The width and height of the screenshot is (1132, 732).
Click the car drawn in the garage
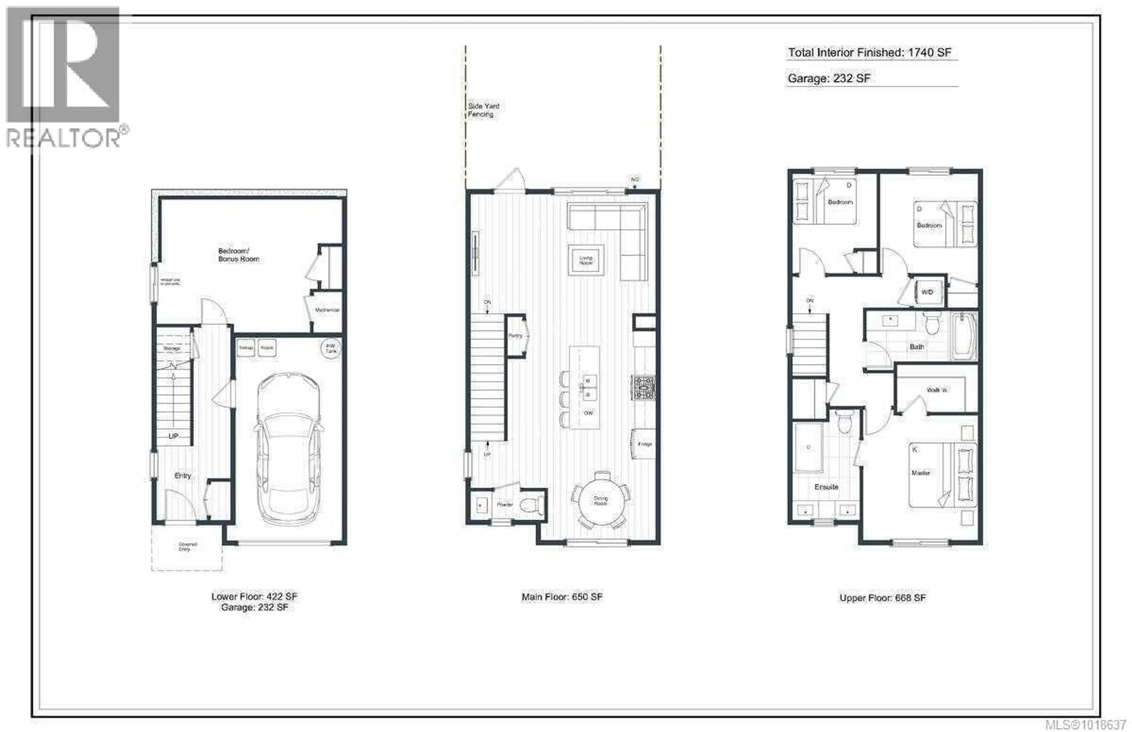tap(288, 449)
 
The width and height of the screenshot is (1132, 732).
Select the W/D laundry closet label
tap(927, 292)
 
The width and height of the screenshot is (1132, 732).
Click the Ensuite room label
tap(826, 487)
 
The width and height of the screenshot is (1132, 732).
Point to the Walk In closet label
tap(936, 390)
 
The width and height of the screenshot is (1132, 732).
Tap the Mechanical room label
tap(327, 310)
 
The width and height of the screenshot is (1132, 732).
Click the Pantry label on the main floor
tap(515, 335)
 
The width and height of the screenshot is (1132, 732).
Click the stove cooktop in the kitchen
tap(644, 387)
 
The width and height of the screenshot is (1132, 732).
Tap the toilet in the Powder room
tap(531, 504)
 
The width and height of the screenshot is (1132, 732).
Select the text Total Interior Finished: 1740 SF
tap(869, 53)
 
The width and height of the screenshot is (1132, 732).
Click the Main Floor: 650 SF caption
tap(562, 597)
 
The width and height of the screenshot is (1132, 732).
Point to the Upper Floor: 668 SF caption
tap(883, 598)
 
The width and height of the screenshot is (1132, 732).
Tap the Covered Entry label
tap(187, 546)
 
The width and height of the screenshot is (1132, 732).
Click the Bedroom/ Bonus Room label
tap(238, 255)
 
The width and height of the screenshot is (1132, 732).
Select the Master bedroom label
tap(921, 473)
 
